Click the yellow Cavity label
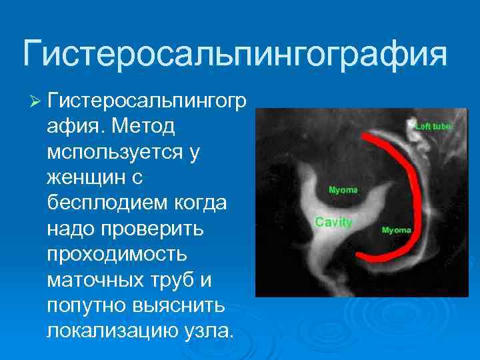(333, 222)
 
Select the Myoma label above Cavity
(343, 190)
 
